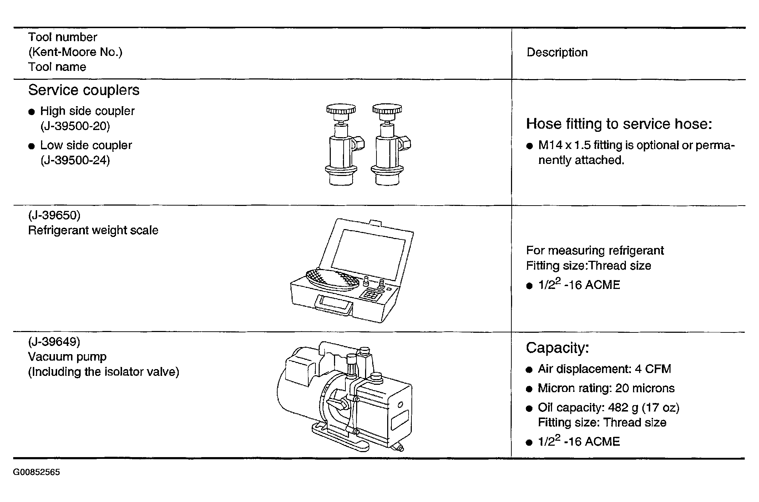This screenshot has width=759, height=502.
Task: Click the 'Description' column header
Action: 557,52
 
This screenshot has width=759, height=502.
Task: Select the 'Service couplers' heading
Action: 84,90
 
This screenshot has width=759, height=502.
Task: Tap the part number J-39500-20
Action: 75,126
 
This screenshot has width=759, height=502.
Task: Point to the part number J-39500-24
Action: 75,160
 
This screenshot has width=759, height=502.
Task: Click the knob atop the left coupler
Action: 341,109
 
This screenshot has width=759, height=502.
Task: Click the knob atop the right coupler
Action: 387,109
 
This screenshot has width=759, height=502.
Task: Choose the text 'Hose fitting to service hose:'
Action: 619,124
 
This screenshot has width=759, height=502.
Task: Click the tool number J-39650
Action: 54,215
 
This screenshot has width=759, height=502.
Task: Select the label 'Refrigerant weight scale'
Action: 93,230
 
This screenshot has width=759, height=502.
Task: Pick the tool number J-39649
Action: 54,342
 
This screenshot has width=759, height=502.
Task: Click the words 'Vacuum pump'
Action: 67,357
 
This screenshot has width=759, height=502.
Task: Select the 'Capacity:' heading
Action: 557,348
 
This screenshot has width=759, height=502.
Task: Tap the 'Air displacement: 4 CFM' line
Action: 604,369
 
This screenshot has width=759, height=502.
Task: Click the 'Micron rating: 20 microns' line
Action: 606,388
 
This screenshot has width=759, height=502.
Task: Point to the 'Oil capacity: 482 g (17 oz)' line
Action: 609,408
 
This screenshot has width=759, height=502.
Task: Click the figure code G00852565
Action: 37,472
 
